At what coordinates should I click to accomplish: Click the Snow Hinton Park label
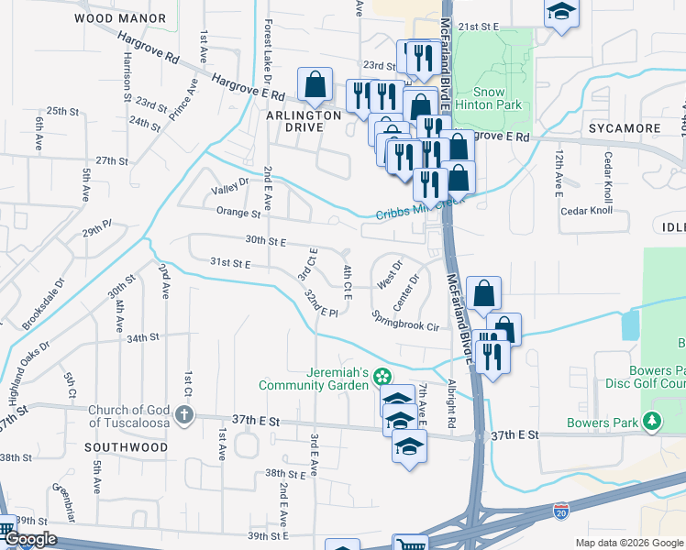click(497, 98)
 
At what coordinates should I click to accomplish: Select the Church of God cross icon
click(184, 416)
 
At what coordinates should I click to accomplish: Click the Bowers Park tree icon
click(652, 422)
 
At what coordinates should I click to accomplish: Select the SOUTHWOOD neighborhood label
click(126, 447)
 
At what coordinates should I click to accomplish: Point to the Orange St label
click(238, 214)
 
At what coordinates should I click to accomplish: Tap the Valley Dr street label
click(230, 187)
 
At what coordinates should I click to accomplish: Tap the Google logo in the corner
click(29, 540)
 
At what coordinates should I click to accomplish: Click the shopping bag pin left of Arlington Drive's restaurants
click(315, 84)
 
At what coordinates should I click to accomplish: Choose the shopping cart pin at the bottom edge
click(409, 544)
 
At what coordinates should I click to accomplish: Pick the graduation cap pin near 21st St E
click(560, 13)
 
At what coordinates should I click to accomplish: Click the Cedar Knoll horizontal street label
click(586, 211)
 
